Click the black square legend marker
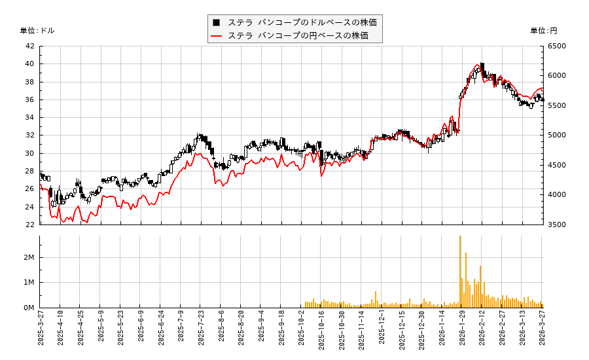(216, 22)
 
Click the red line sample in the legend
(216, 35)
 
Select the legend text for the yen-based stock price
(298, 35)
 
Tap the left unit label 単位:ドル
(37, 31)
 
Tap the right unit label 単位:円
(543, 31)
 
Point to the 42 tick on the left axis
(29, 46)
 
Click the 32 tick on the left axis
(29, 135)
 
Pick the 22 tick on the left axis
(29, 225)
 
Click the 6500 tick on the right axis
(557, 46)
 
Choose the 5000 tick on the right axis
(557, 135)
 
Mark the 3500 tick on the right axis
(557, 225)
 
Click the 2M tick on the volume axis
(28, 258)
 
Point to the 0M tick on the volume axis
(28, 308)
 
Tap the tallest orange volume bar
(460, 272)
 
